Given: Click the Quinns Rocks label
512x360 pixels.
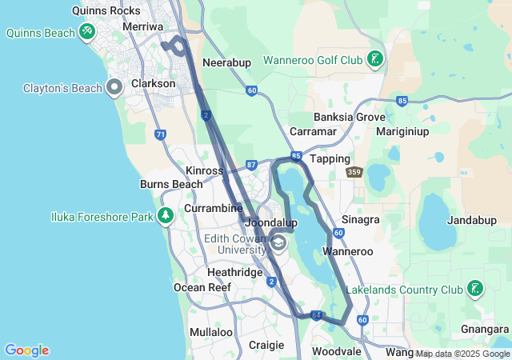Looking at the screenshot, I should coord(106,10).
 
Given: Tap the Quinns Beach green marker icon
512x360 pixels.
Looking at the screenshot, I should coord(87,32).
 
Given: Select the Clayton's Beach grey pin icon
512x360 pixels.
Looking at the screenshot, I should coord(114,87).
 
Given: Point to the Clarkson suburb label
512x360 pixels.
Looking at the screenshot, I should coord(153,83).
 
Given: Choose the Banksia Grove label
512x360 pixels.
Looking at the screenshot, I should coord(350,117).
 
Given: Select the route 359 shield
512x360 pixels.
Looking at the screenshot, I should coord(354,172).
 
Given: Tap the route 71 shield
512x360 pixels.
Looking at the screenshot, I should coord(161,134).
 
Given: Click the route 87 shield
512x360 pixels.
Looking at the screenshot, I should coord(251,165).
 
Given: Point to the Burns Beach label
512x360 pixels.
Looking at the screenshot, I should coord(171,184).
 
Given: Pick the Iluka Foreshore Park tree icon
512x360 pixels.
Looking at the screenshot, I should coord(166,215).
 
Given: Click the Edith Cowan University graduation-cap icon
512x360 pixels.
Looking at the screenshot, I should coord(278,243).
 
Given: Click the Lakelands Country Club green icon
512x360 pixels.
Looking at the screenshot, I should coord(475,288).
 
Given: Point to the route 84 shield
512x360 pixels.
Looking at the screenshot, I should coord(317,316).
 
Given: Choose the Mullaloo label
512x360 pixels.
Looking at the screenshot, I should coord(211,331).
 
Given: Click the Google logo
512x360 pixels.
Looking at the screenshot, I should coord(26,350).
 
